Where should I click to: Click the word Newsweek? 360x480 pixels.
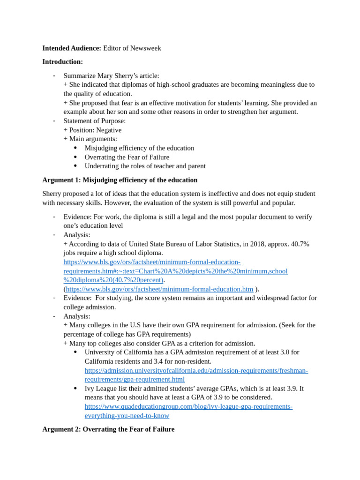click(145, 48)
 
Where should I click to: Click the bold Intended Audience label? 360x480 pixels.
click(71, 48)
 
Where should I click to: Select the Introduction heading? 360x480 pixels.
click(62, 62)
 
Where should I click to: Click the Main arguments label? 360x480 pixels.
click(93, 139)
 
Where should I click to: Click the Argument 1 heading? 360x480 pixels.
click(120, 180)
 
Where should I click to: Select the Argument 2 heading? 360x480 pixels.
click(108, 429)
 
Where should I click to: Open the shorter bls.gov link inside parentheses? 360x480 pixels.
click(159, 289)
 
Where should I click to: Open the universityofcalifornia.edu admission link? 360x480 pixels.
click(196, 370)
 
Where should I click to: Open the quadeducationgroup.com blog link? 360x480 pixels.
click(188, 406)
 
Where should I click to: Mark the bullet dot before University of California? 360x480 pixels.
click(75, 352)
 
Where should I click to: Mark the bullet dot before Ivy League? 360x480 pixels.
click(75, 389)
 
